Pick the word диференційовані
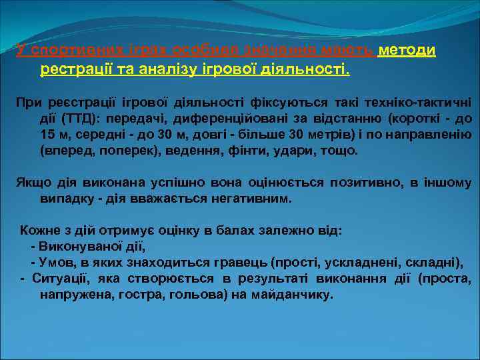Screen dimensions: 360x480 [221, 119]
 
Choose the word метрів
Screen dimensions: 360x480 [366, 135]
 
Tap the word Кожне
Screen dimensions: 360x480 [39, 231]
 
